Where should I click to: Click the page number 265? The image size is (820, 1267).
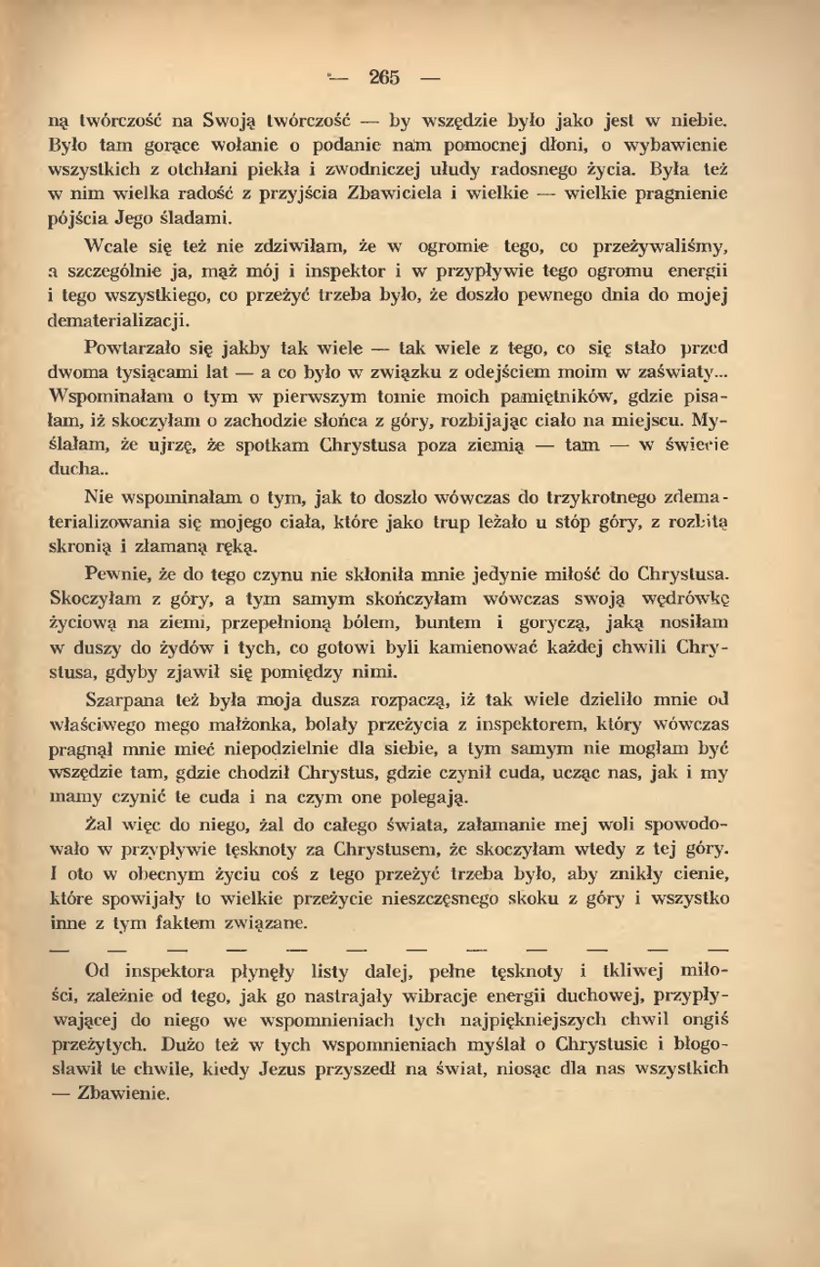tap(385, 78)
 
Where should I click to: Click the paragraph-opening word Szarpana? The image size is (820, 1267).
tap(124, 701)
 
